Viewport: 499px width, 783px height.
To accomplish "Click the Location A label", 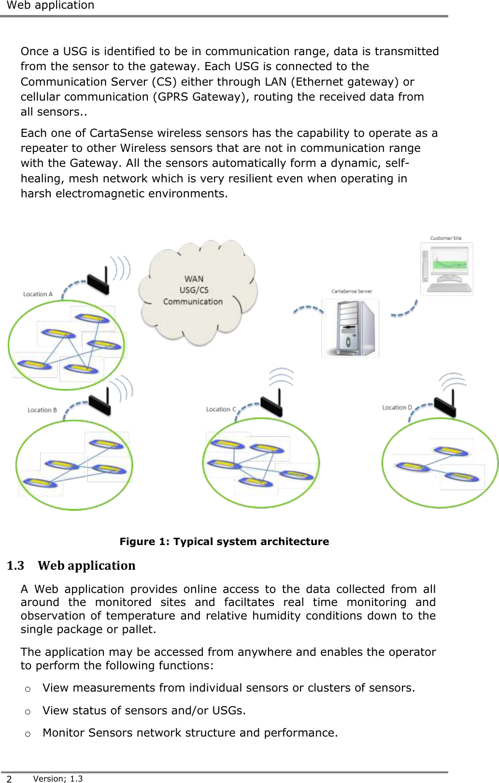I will coord(38,294).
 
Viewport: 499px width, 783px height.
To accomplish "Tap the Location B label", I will coord(42,410).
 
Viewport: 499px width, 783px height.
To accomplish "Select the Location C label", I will coord(221,409).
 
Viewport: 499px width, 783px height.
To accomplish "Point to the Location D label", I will coord(397,408).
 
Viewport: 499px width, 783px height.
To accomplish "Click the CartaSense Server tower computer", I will coord(350,328).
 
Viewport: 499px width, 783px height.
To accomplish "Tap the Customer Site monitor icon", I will coord(447,269).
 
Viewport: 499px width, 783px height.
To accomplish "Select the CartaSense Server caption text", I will coord(352,291).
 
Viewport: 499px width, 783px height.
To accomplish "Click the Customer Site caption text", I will coord(445,238).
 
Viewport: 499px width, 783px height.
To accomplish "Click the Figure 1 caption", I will coord(224,542).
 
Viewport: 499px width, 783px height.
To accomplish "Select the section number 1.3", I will coord(15,565).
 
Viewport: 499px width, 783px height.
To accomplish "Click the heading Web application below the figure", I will coord(86,565).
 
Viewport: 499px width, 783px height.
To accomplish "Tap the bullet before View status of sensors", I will coord(28,711).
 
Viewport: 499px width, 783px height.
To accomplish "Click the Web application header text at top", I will coord(50,5).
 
